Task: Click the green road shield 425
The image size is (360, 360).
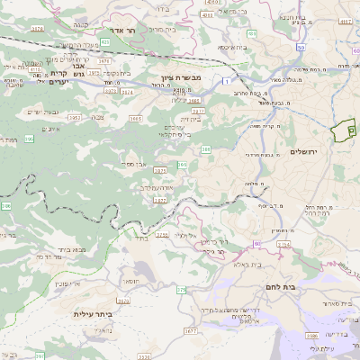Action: (105, 41)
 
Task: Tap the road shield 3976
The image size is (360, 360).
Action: (37, 29)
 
